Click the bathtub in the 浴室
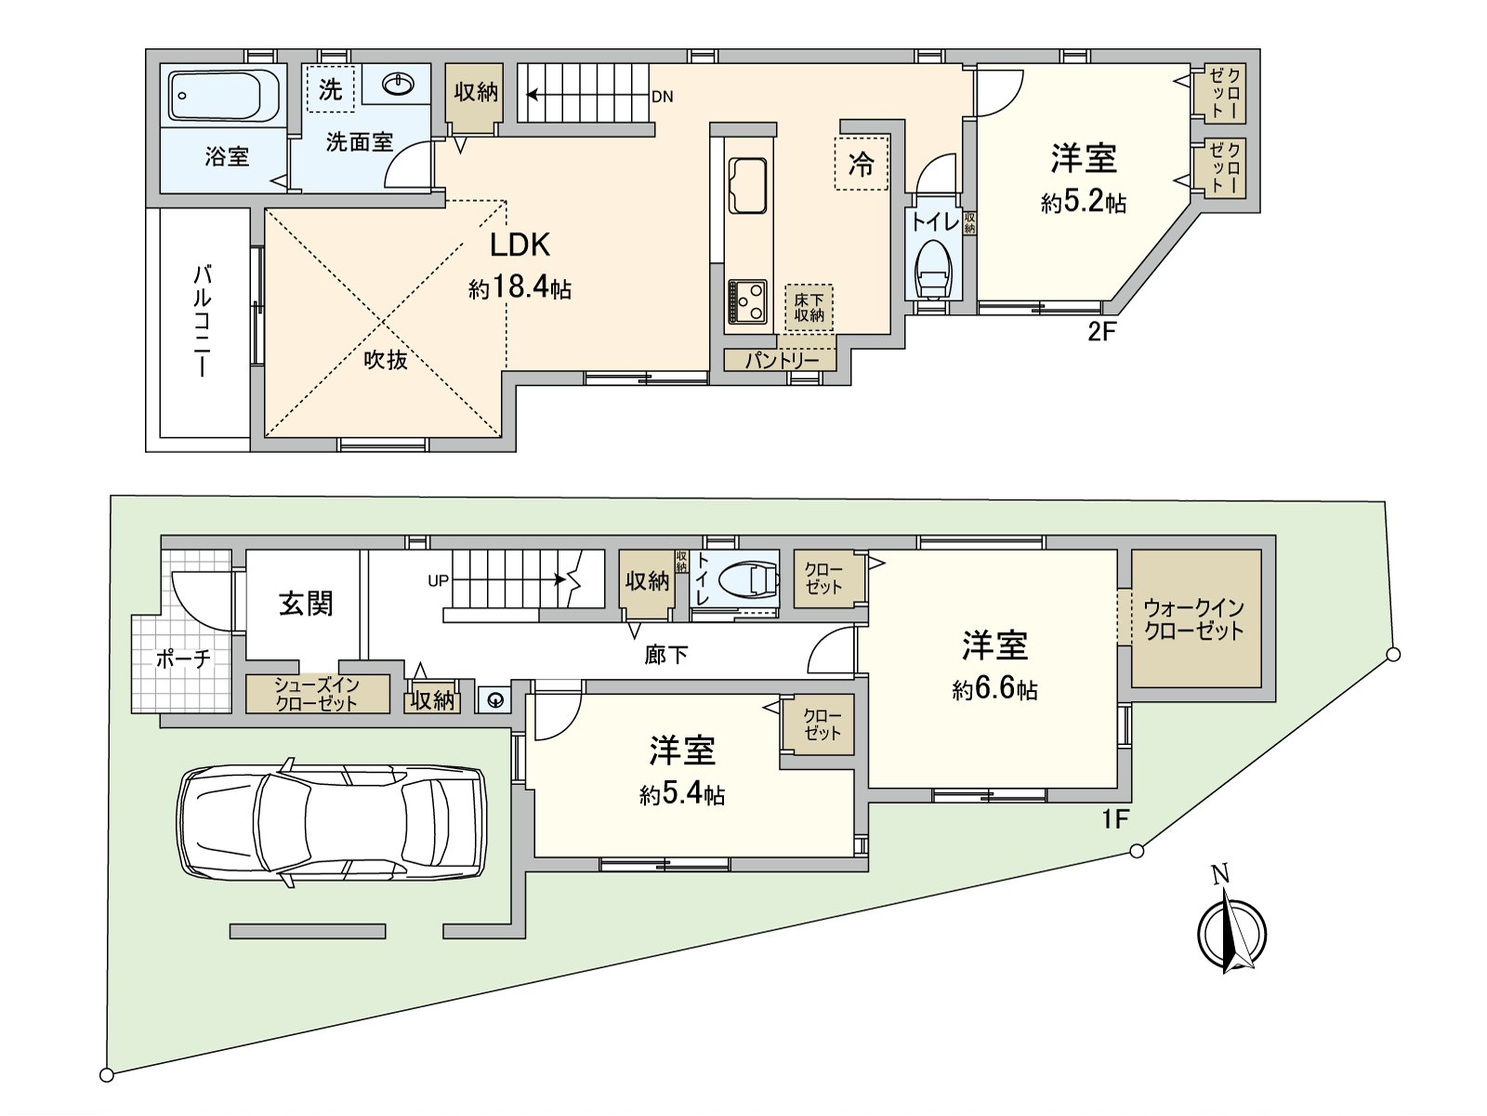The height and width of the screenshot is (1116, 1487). click(224, 95)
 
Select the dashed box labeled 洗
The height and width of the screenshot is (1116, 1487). click(330, 89)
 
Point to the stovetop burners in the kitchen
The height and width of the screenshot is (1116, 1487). click(747, 299)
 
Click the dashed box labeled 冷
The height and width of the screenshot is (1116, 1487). click(862, 165)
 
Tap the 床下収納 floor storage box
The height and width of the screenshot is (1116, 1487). click(809, 308)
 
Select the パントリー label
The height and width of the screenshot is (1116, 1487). click(781, 360)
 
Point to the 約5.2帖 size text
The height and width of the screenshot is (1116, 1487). click(1084, 202)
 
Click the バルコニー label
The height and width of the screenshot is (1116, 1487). click(202, 321)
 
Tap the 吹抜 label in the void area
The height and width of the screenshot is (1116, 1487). click(385, 360)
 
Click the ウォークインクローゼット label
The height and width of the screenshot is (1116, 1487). click(1194, 619)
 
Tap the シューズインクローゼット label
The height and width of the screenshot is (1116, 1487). click(317, 694)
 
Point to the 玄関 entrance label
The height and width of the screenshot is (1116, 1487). click(306, 604)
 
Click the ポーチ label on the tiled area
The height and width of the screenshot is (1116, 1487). click(183, 659)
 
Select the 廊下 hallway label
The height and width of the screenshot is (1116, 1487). click(665, 655)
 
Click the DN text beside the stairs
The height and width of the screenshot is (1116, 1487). click(662, 97)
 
